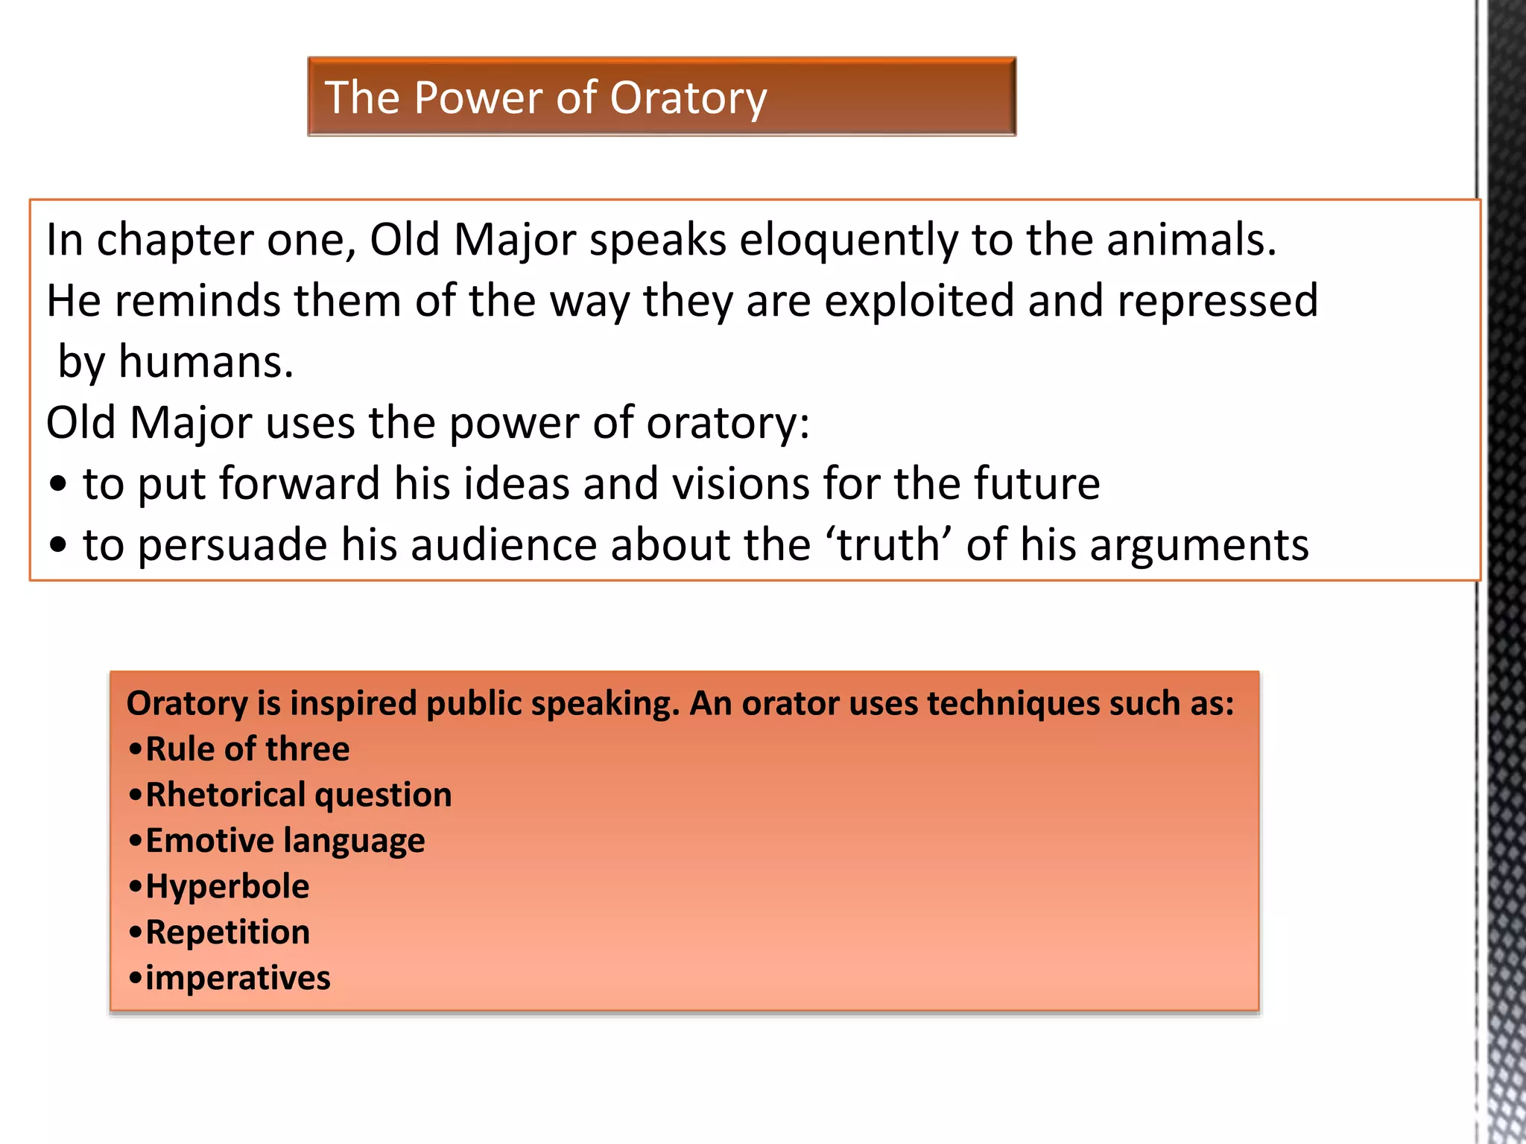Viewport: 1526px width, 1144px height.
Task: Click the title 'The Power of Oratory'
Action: [x=545, y=98]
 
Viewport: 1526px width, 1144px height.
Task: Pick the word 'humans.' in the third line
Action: [x=206, y=363]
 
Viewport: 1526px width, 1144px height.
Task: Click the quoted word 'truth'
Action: [x=887, y=544]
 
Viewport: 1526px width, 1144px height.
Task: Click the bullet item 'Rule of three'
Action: [x=247, y=749]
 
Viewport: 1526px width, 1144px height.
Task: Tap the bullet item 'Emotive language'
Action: [x=285, y=841]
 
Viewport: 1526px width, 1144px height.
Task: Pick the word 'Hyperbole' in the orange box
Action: [x=227, y=887]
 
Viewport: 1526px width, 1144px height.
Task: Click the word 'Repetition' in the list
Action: [x=227, y=932]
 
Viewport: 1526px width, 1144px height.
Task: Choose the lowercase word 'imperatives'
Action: [x=238, y=979]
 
